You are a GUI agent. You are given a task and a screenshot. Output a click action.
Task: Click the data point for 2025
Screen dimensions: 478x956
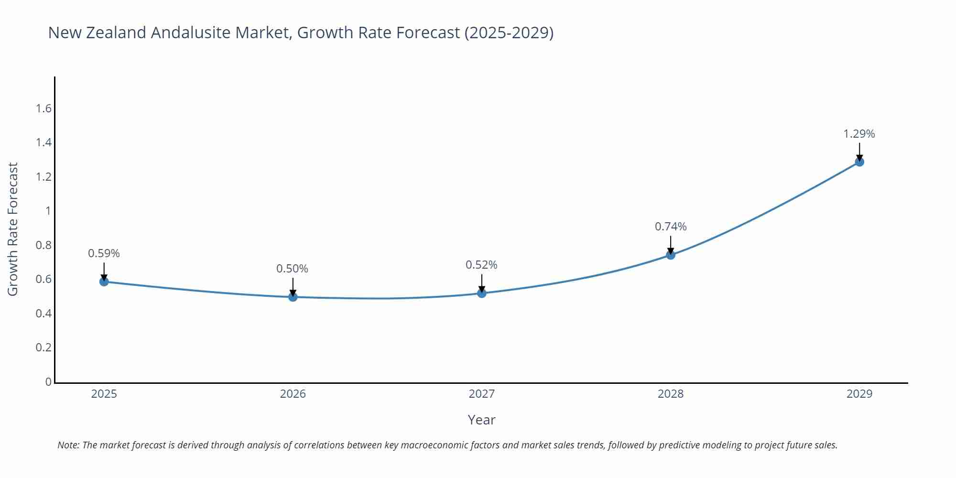pos(104,282)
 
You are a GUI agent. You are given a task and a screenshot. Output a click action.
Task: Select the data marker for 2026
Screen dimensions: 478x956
pos(293,297)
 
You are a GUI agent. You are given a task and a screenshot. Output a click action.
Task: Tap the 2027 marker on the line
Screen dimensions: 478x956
pos(482,293)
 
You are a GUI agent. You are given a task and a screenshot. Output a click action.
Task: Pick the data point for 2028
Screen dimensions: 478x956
pos(671,255)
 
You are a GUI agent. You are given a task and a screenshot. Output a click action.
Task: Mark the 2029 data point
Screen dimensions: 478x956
pos(859,162)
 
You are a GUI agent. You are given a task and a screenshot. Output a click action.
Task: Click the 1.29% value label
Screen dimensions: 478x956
pos(859,134)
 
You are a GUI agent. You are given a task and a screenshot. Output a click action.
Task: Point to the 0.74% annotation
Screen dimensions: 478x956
pos(671,227)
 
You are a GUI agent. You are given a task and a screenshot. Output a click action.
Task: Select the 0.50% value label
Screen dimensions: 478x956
pos(293,269)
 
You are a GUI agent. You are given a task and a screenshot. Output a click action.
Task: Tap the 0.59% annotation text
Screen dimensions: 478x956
pos(104,253)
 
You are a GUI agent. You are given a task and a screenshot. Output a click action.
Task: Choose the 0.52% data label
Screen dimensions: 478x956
pos(481,265)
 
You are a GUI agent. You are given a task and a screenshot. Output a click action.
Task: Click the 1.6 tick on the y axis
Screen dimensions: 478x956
pos(43,109)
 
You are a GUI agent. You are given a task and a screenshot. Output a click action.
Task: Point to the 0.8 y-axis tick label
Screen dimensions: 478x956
pos(43,245)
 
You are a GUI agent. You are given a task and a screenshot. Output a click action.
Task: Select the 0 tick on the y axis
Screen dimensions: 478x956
pos(48,381)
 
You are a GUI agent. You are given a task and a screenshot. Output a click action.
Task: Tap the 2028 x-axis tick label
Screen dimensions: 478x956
pos(671,394)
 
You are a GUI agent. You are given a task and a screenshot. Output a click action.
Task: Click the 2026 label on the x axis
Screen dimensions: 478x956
pos(293,394)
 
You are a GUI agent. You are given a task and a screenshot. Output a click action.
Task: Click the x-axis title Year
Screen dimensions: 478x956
pos(481,420)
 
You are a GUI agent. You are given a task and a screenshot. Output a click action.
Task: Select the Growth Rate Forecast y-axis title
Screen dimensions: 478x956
pos(13,229)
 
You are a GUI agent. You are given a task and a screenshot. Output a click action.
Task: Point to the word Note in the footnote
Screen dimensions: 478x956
pos(68,445)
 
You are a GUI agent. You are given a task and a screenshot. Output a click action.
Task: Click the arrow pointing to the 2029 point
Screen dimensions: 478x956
pos(859,152)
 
